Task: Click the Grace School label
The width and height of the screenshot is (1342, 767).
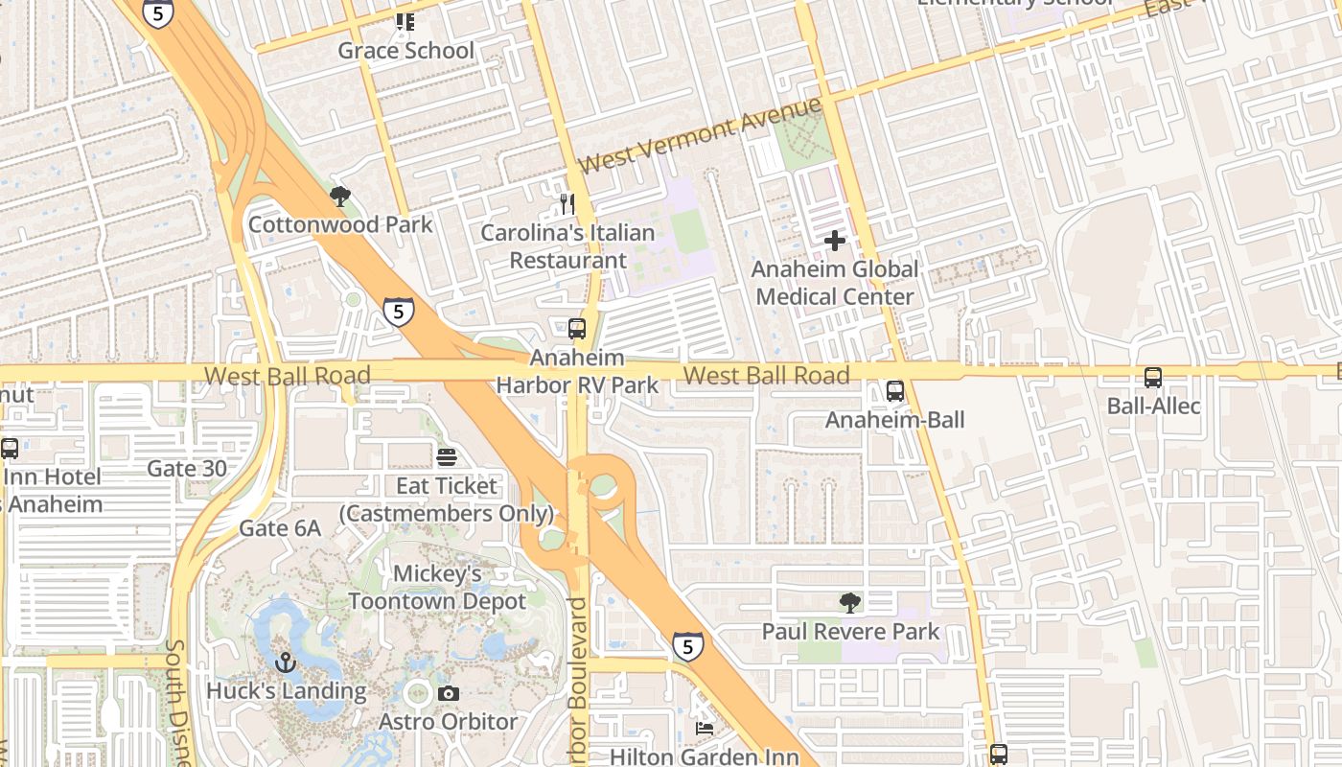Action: coord(405,51)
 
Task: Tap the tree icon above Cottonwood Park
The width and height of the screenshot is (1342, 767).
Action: coord(339,198)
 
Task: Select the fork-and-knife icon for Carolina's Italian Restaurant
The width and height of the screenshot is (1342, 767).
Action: coord(567,203)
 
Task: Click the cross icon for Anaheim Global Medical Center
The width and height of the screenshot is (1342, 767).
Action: coord(835,241)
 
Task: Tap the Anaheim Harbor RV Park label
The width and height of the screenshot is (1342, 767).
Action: coord(577,372)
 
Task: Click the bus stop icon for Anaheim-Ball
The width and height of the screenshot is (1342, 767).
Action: coord(894,391)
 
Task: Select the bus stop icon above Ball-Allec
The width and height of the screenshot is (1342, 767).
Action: coord(1152,378)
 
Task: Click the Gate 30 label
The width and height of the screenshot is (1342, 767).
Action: coord(187,469)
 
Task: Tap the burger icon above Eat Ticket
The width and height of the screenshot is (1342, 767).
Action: coord(447,457)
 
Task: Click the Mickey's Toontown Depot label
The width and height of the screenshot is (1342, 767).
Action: coord(437,588)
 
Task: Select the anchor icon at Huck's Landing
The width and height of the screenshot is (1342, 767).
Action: coord(285,662)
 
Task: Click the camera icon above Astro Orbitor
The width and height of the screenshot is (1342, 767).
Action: coord(448,693)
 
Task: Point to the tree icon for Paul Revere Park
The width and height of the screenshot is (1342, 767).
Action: coord(849,603)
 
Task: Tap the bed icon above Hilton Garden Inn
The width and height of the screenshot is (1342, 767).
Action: coord(704,729)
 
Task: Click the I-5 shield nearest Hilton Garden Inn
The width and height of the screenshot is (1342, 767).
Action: coord(687,647)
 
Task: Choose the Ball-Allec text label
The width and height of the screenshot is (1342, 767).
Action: coord(1153,406)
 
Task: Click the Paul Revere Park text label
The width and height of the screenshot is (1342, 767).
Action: coord(850,632)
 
